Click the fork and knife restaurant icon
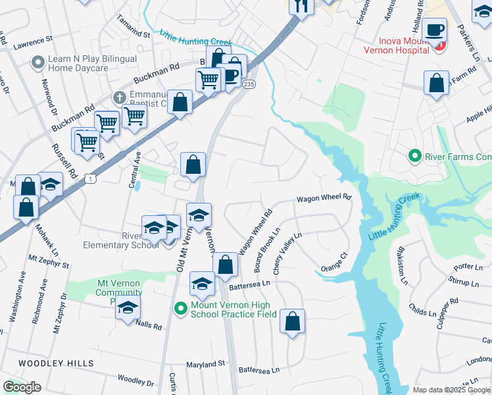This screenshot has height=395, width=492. [301, 6]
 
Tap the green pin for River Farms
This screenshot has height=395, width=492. [414, 156]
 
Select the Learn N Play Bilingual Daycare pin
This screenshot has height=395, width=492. [37, 63]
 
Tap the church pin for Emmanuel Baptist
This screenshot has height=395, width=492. [119, 97]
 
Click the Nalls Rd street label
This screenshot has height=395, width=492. [148, 324]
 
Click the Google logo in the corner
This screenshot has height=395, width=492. [22, 386]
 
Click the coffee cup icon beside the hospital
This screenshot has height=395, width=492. [434, 29]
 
